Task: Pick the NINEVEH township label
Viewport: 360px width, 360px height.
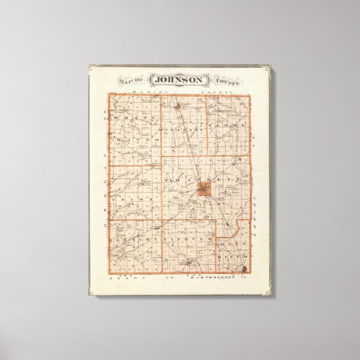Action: [x=188, y=239]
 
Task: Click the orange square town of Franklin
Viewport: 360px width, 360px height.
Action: [x=203, y=190]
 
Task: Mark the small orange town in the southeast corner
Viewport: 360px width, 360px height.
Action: [x=244, y=270]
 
